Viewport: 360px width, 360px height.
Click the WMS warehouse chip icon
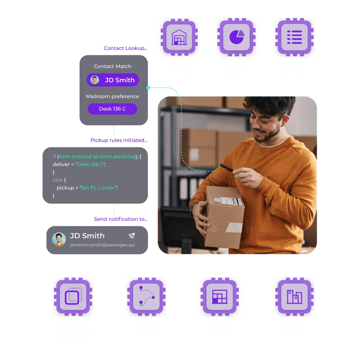(x=179, y=36)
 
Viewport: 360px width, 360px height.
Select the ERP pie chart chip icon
(x=237, y=36)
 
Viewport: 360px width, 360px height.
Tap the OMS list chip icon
(x=294, y=36)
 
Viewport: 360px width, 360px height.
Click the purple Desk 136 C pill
(x=112, y=109)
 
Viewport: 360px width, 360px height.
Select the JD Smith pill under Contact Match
(x=113, y=80)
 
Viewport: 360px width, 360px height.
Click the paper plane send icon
(x=131, y=236)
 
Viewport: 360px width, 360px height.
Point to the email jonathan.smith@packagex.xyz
(x=103, y=245)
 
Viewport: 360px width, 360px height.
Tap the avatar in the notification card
(x=59, y=239)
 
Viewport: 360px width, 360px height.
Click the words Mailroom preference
(x=112, y=96)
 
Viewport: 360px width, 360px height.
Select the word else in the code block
(x=58, y=180)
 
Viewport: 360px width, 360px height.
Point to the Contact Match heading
(x=112, y=66)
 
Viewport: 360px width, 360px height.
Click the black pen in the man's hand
(x=226, y=168)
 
